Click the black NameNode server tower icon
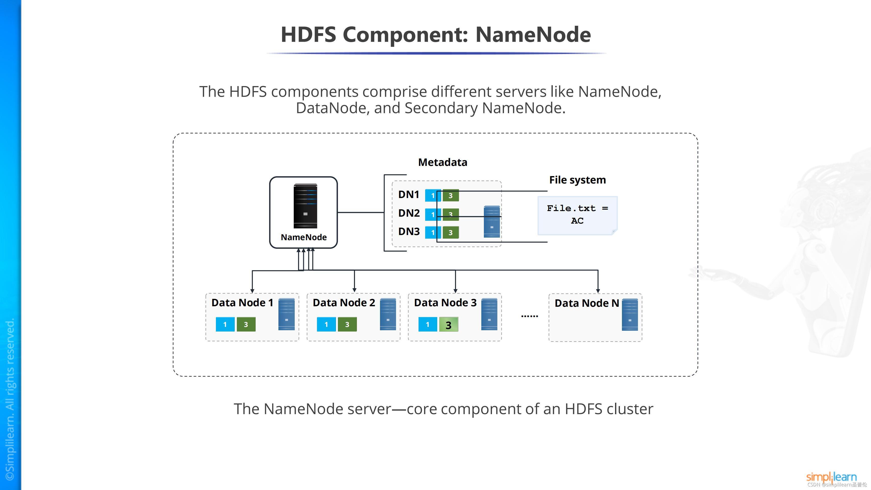305,206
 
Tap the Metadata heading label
443,162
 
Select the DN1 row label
409,195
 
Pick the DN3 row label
409,232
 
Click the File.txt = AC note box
577,215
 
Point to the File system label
577,180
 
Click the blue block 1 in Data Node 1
225,324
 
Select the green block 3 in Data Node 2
347,324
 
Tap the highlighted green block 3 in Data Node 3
448,325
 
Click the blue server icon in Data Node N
630,314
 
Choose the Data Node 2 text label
344,303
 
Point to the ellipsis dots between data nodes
530,316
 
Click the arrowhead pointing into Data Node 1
252,290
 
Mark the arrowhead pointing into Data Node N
598,290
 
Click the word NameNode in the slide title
533,34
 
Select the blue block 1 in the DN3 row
433,232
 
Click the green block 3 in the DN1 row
451,195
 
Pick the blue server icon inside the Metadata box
492,222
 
